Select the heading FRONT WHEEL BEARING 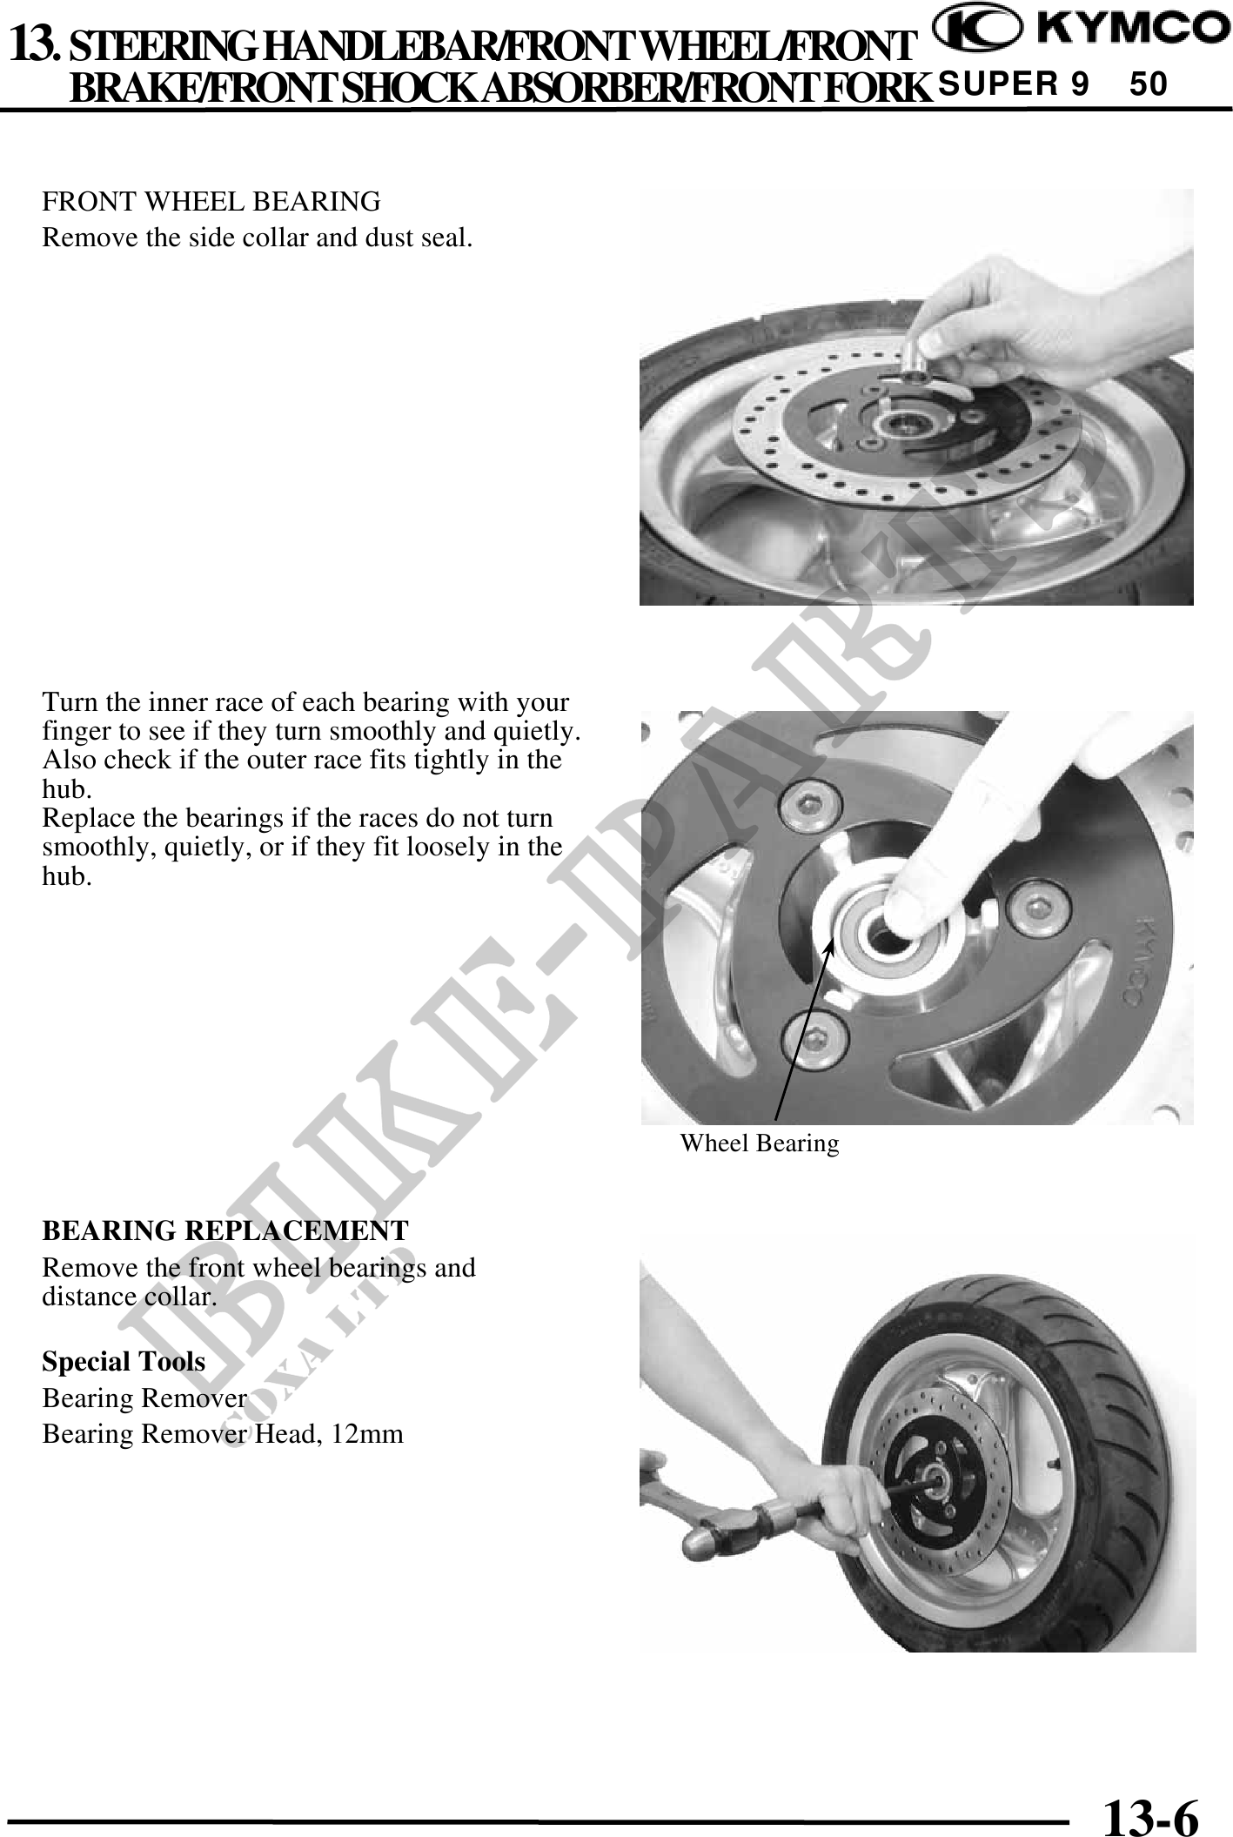pyautogui.click(x=211, y=202)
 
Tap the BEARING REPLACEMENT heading pyautogui.click(x=225, y=1230)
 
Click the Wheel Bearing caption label pyautogui.click(x=760, y=1143)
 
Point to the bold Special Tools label pyautogui.click(x=124, y=1361)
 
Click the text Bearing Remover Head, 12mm pyautogui.click(x=223, y=1433)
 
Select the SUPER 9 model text pyautogui.click(x=1014, y=84)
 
